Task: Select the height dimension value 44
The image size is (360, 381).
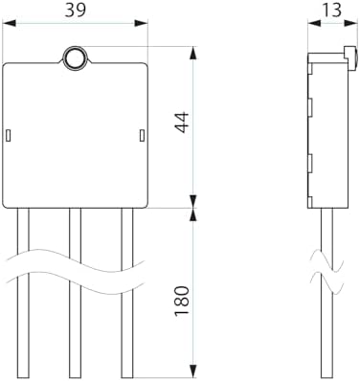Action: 182,122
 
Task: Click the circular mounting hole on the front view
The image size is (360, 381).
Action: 75,57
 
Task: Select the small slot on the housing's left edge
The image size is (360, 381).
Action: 8,135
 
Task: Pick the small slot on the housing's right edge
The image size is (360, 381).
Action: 143,135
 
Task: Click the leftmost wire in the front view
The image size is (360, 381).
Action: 24,316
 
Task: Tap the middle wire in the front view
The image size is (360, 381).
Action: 75,316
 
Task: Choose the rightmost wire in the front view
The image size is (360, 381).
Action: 126,316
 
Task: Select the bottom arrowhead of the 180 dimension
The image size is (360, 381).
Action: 194,370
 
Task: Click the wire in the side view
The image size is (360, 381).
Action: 326,325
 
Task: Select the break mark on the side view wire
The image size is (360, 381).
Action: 326,268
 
